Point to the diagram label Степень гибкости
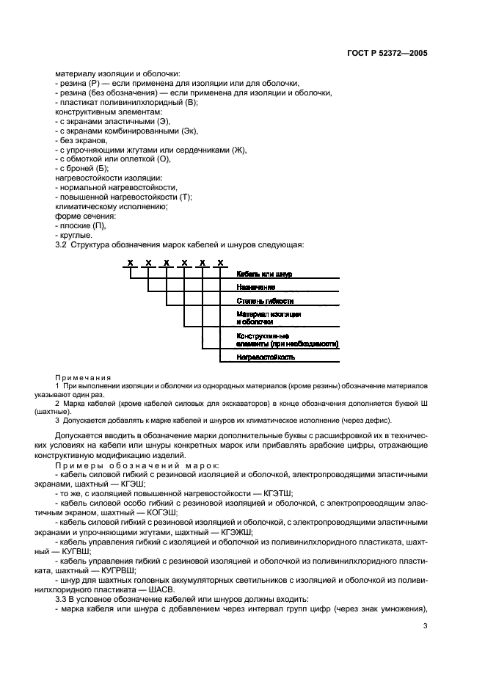click(x=265, y=301)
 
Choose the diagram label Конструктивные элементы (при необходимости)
click(x=287, y=339)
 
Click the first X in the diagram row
click(x=130, y=263)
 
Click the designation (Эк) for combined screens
click(x=189, y=130)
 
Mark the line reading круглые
click(x=74, y=235)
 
